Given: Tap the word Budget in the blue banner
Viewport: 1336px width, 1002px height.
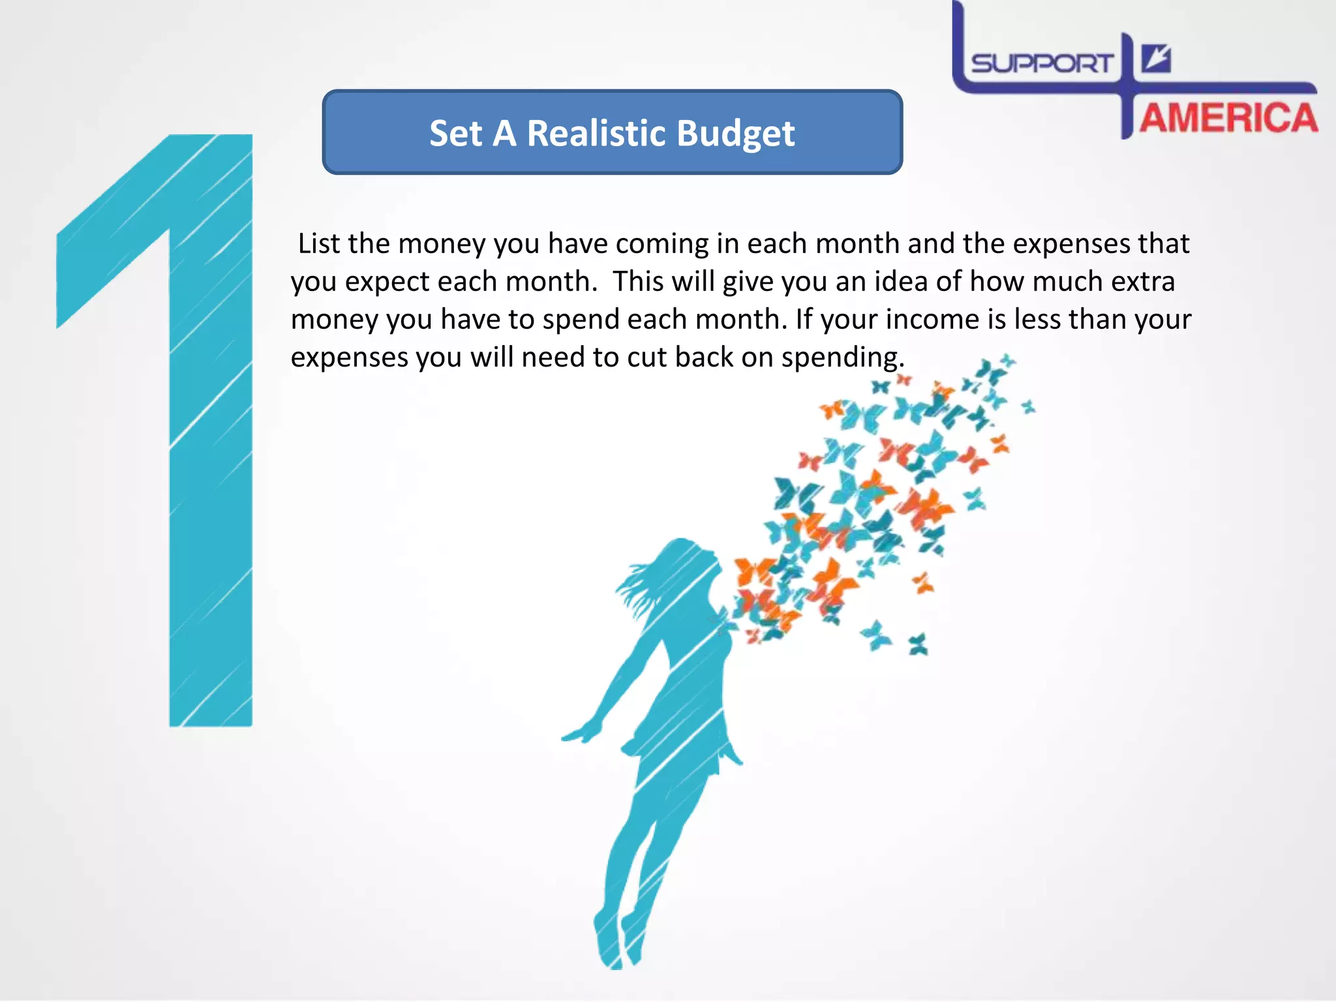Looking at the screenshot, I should tap(735, 134).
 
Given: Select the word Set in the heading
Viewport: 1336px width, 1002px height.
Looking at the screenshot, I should tap(455, 133).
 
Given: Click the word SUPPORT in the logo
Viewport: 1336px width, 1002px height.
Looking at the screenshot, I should tap(1041, 64).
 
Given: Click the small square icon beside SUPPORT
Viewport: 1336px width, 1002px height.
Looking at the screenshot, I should tap(1156, 59).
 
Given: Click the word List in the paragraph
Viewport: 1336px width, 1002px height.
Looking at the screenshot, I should tap(319, 243).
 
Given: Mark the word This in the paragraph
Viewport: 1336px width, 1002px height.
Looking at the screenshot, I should tap(638, 281).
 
